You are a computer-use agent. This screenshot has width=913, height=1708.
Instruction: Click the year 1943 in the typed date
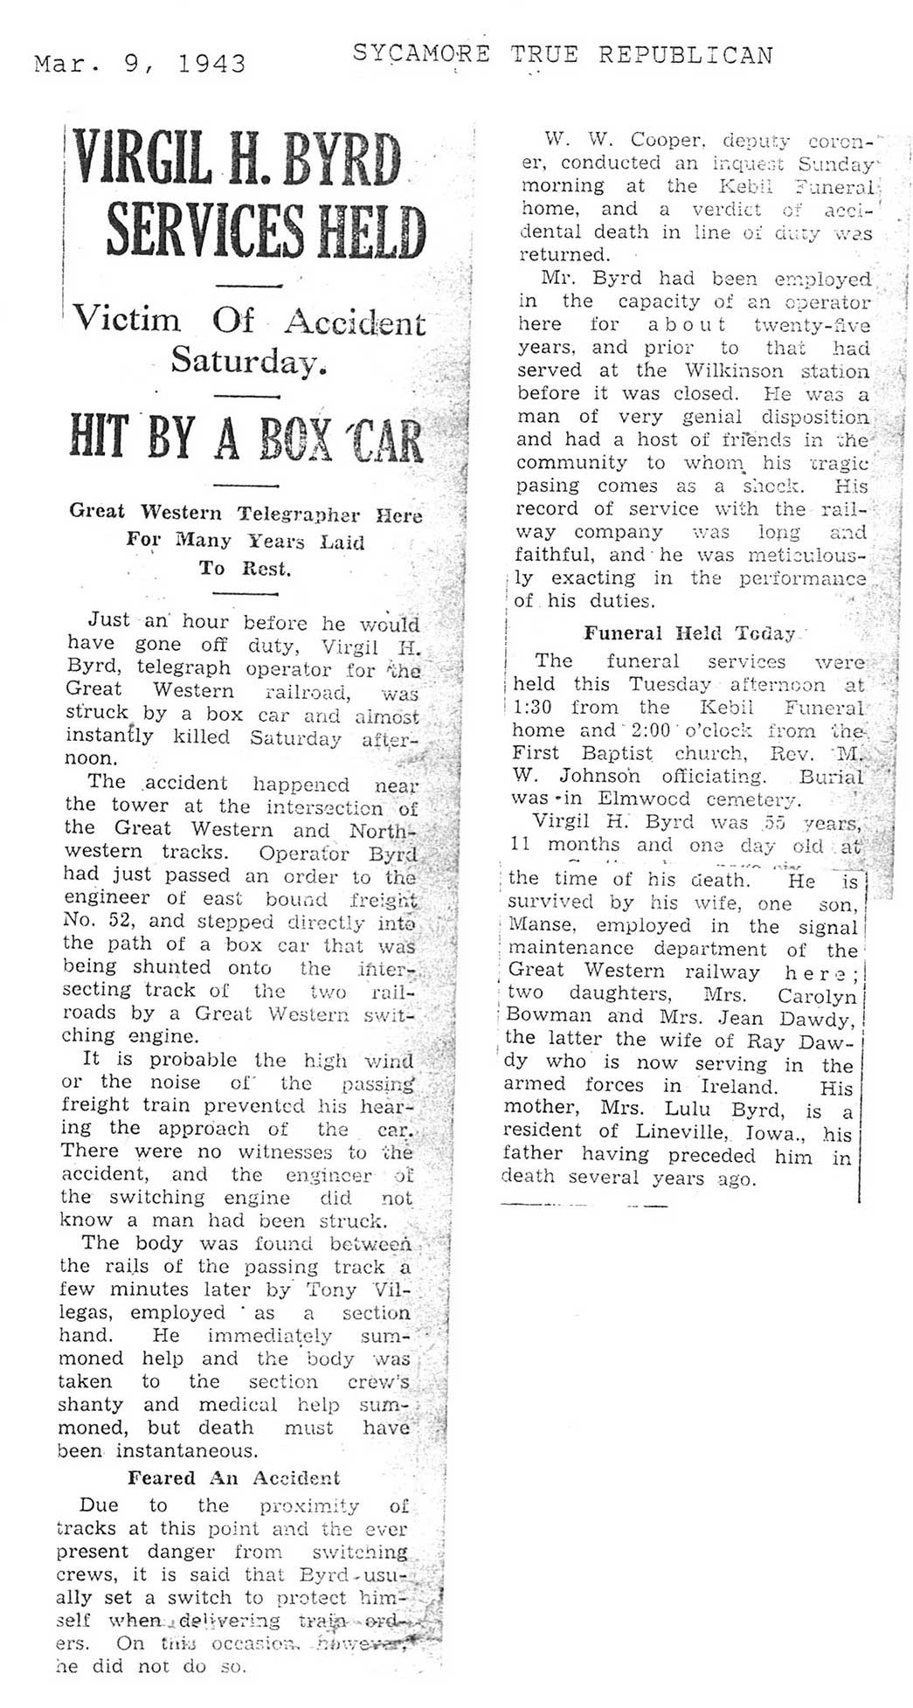point(212,64)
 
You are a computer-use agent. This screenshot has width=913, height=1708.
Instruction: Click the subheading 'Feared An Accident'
point(234,1477)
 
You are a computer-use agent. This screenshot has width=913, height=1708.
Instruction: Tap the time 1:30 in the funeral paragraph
point(534,708)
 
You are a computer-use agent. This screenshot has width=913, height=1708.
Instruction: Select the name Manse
point(538,926)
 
